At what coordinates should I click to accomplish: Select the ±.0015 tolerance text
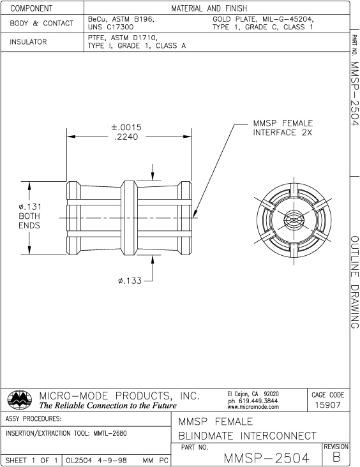pos(126,128)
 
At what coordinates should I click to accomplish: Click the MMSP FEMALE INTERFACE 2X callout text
pos(283,128)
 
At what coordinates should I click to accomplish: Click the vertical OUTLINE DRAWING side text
pos(354,281)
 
